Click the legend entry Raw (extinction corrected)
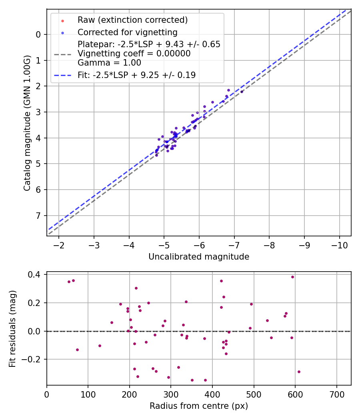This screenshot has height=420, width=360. click(x=132, y=20)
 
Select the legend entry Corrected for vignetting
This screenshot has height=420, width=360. click(x=127, y=32)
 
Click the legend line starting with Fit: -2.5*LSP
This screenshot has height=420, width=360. click(x=136, y=75)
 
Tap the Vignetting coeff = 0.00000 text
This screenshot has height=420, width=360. click(x=134, y=54)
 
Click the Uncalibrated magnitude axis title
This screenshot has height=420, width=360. click(x=199, y=257)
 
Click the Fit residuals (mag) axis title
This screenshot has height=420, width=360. click(x=13, y=329)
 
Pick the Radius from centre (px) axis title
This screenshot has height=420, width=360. click(x=199, y=406)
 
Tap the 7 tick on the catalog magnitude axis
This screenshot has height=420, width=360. click(x=38, y=216)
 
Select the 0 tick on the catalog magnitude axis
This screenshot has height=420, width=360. click(x=38, y=35)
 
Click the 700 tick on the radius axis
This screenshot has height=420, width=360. click(x=336, y=394)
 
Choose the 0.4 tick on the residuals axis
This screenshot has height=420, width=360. click(x=35, y=275)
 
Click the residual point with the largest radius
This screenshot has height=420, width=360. click(x=299, y=372)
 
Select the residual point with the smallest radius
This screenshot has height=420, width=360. click(x=69, y=282)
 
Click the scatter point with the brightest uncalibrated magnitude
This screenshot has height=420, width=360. click(x=242, y=92)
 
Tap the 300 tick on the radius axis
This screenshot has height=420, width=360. click(x=171, y=394)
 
